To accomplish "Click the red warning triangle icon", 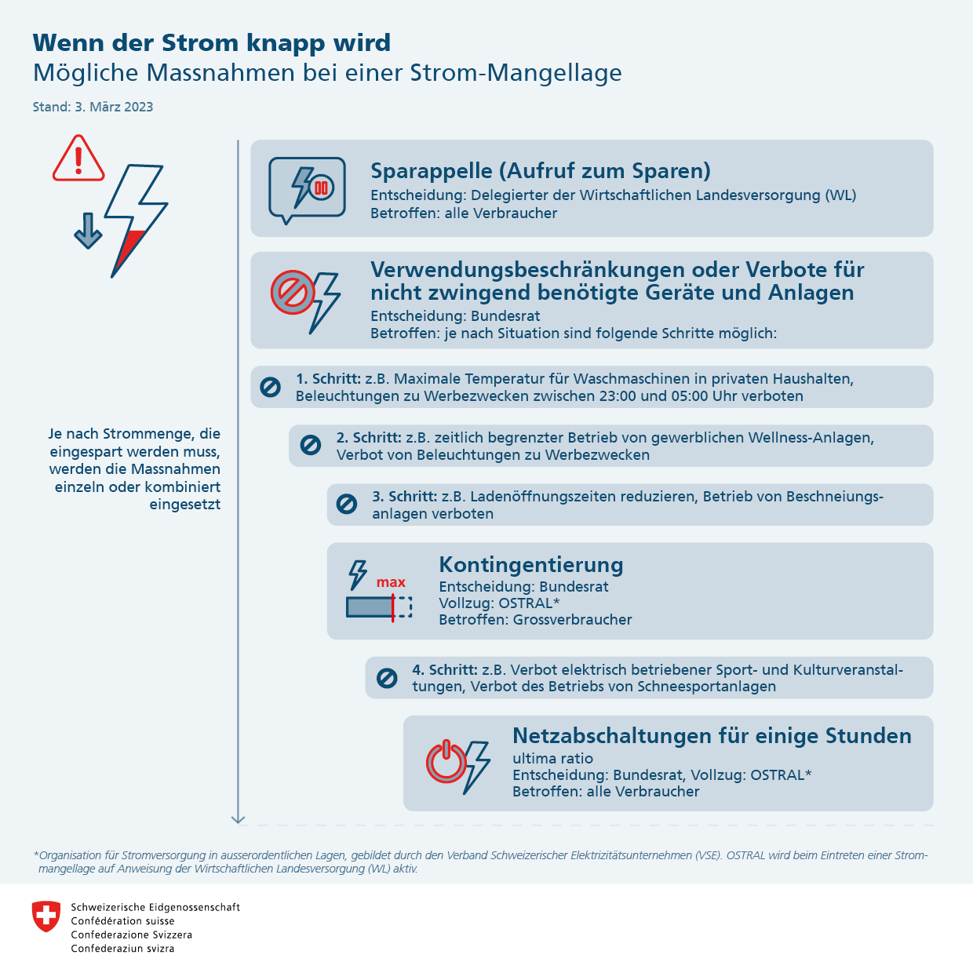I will coord(78,159).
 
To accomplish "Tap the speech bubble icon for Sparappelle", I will coord(307,188).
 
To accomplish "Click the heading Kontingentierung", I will coord(531,565).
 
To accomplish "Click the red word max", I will coord(391,582).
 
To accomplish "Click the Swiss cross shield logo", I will coord(46,916).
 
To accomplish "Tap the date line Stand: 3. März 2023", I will coord(93,107).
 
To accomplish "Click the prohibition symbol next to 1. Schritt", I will coord(270,387).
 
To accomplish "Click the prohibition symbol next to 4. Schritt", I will coord(387,677).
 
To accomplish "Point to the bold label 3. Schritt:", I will coord(404,497).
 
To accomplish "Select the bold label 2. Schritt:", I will coord(369,438).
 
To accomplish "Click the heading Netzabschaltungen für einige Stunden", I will coord(712,736).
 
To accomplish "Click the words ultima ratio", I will coord(552,759).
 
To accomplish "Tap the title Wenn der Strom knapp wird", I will coord(212,42).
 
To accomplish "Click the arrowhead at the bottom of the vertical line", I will coord(239,819).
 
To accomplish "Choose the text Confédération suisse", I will coord(122,921).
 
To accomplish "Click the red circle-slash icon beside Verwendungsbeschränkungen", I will coord(293,293).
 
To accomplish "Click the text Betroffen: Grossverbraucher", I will coord(535,620).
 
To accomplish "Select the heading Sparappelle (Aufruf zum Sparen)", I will coord(541,171).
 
